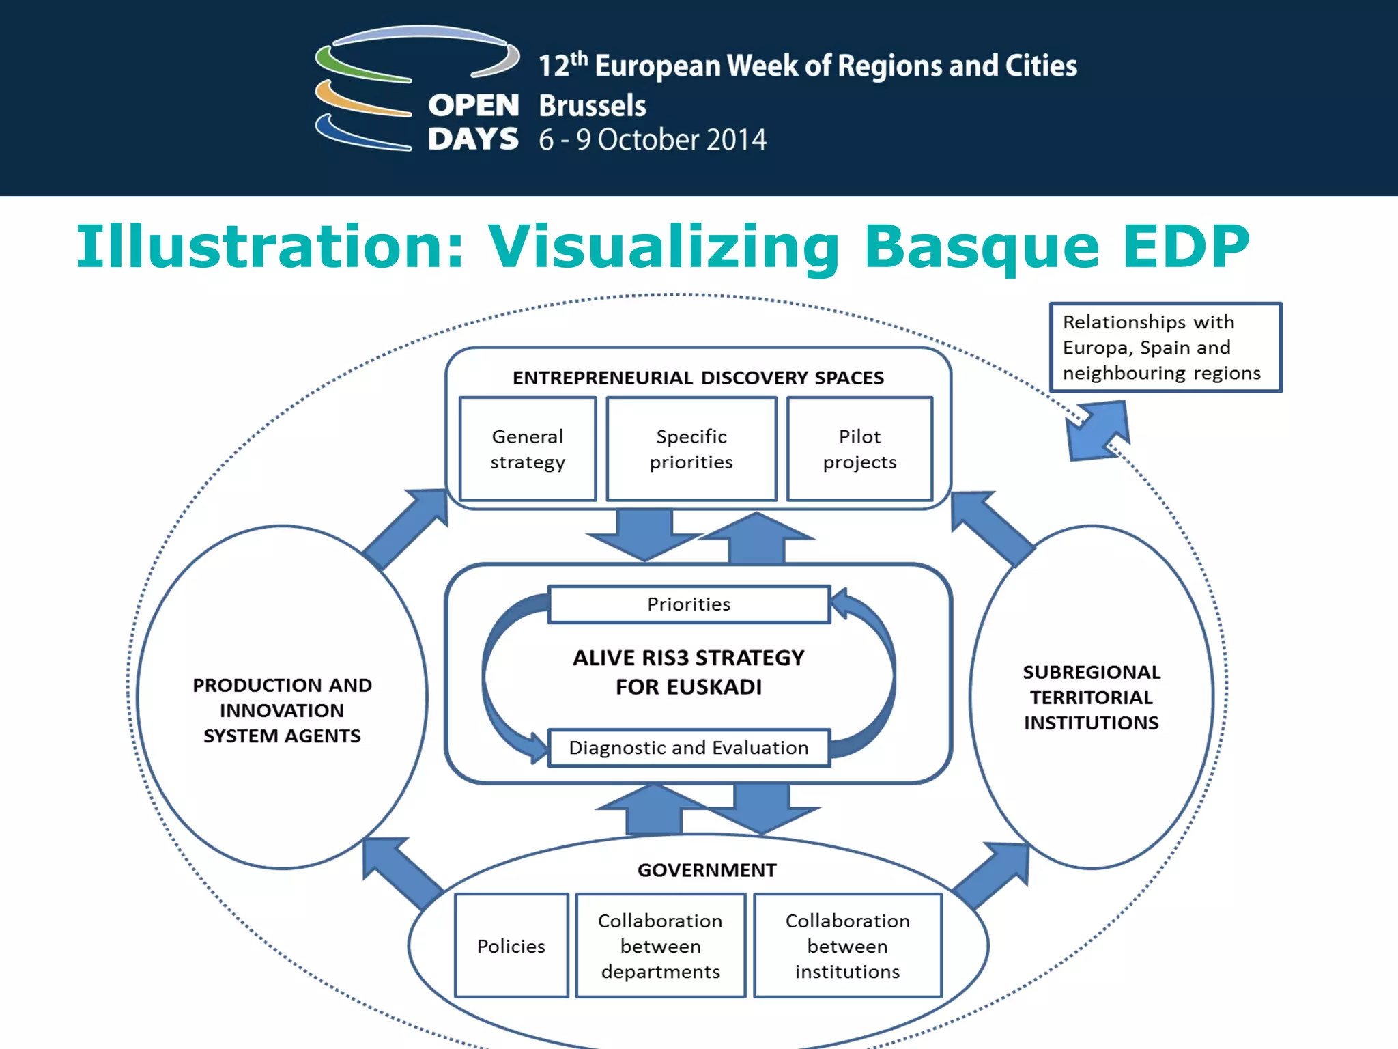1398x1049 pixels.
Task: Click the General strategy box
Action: pyautogui.click(x=528, y=449)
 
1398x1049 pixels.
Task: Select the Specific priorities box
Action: pyautogui.click(x=691, y=449)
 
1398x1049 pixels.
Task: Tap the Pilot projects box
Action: pyautogui.click(x=859, y=449)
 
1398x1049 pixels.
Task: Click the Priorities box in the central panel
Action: pyautogui.click(x=689, y=604)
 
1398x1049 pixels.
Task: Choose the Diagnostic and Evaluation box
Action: pyautogui.click(x=689, y=748)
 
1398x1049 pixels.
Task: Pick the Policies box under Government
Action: pyautogui.click(x=511, y=946)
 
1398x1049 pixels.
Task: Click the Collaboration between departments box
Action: pyautogui.click(x=660, y=946)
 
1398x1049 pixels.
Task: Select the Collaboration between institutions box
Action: pyautogui.click(x=847, y=946)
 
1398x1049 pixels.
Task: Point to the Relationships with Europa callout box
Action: pyautogui.click(x=1165, y=348)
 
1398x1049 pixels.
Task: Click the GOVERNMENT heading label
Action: pyautogui.click(x=707, y=870)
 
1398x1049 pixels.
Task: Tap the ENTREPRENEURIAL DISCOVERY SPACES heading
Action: pyautogui.click(x=698, y=378)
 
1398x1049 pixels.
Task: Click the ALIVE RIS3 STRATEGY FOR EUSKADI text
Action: pyautogui.click(x=689, y=672)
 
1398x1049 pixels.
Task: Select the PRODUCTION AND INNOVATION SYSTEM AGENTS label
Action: pyautogui.click(x=282, y=710)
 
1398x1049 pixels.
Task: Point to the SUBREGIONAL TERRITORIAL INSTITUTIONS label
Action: pyautogui.click(x=1091, y=697)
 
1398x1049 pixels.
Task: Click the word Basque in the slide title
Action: pyautogui.click(x=981, y=247)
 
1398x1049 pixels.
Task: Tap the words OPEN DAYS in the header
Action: pyautogui.click(x=473, y=122)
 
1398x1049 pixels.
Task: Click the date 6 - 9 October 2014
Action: pyautogui.click(x=652, y=140)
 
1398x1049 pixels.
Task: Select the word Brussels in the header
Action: pyautogui.click(x=592, y=106)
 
